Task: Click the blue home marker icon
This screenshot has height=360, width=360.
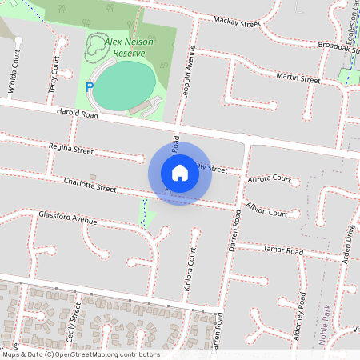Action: [180, 173]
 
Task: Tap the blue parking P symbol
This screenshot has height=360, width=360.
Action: [90, 86]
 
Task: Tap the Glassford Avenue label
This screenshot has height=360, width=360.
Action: [67, 218]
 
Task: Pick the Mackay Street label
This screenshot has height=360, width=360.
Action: [237, 24]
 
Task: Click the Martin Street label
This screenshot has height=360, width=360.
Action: [298, 78]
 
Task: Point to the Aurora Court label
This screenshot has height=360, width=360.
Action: [269, 179]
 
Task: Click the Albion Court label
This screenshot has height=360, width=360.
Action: [266, 213]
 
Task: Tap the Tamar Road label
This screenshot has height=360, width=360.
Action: [283, 251]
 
